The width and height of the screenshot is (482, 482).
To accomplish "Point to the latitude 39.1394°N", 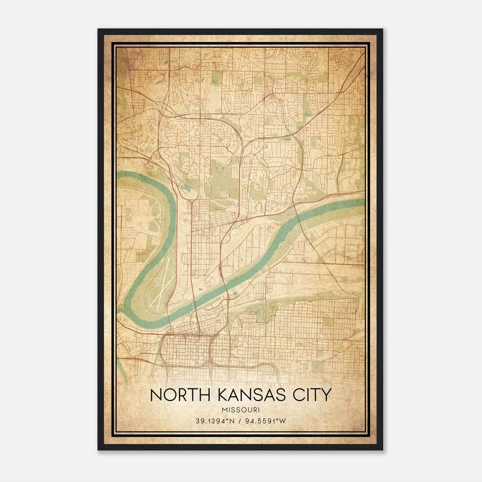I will [215, 421].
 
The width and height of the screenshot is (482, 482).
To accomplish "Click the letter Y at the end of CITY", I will [327, 396].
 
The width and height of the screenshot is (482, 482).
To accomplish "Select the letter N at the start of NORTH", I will [155, 396].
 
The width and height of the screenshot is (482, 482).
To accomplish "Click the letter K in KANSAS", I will [222, 396].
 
